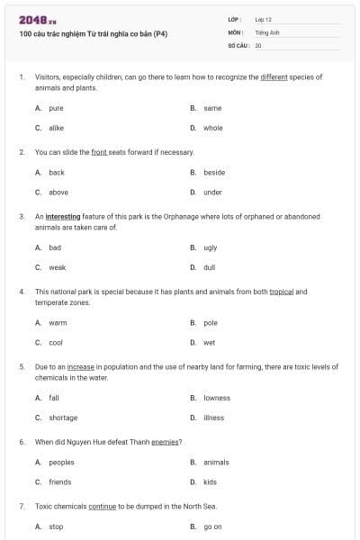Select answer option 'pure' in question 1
56,108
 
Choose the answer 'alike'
56,128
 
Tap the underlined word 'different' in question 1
274,77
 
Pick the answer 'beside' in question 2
214,173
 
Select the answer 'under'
212,193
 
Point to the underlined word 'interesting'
63,217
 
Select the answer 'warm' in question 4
58,322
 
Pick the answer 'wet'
209,343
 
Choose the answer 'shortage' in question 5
63,418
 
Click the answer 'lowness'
217,398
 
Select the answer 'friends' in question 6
59,482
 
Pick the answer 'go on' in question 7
212,527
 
